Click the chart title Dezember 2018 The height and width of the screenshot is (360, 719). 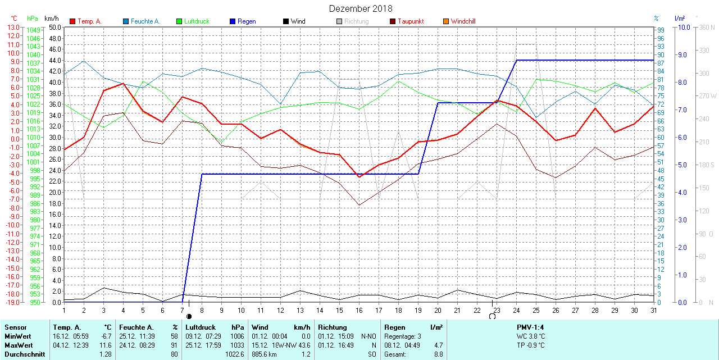point(361,8)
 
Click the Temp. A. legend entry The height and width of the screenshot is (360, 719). point(89,21)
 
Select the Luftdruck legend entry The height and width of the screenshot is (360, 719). point(196,21)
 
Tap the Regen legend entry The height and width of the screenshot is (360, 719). point(246,21)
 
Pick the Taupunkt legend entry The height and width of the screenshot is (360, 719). point(410,21)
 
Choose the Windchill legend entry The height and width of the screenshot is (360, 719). point(463,21)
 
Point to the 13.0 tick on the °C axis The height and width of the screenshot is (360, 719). point(12,27)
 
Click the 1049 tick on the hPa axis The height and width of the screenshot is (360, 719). point(33,30)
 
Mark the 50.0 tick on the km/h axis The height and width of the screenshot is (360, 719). point(54,27)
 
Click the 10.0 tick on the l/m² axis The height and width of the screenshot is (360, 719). point(684,27)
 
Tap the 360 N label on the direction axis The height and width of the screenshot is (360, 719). point(707,27)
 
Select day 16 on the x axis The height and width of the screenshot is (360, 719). point(359,310)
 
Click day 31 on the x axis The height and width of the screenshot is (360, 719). point(653,310)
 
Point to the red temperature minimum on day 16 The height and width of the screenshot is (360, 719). point(359,177)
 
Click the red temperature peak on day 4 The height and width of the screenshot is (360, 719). point(123,83)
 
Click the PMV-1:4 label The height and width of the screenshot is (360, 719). point(530,327)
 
